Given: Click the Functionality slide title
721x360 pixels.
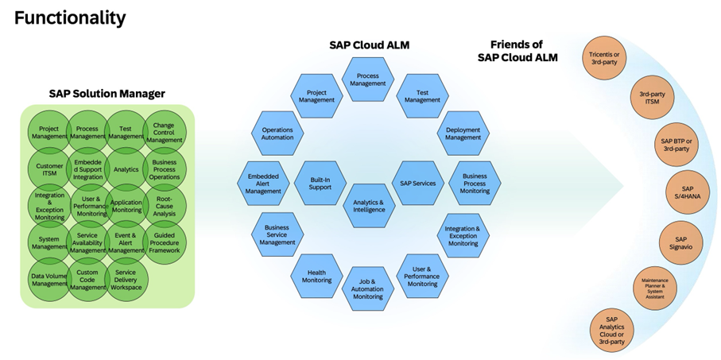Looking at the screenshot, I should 70,16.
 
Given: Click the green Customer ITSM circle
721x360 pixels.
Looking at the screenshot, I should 49,170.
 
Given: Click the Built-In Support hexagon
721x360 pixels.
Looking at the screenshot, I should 319,184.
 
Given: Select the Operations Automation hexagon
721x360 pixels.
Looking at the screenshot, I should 277,133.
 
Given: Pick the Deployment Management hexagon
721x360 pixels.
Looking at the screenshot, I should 463,133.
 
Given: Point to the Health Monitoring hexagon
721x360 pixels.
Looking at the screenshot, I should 316,275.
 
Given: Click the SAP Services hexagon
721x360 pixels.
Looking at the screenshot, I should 417,184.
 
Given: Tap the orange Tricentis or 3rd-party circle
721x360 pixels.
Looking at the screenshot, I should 607,58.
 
